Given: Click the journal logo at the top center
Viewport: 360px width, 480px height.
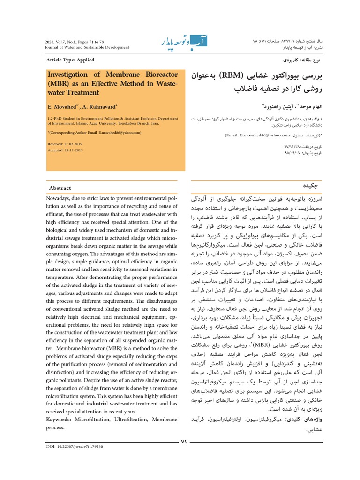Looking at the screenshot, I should pos(180,43).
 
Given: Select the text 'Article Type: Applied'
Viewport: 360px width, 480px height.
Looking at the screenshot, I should pos(70,60).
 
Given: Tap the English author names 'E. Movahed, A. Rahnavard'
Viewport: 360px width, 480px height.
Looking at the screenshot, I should pos(82,106).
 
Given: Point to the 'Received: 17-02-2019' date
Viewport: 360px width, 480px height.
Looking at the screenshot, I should pos(66,144).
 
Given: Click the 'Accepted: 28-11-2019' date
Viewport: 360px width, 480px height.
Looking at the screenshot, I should pos(66,150).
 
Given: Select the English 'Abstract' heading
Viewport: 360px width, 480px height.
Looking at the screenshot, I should pos(60,187).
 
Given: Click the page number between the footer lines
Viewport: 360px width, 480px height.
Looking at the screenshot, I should pos(184,441).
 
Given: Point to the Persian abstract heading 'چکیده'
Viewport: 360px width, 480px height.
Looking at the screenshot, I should pos(305,186).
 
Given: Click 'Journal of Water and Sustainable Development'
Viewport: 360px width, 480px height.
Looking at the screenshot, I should pos(87,47).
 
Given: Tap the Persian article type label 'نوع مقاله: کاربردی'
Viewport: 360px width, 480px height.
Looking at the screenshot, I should pos(294,61).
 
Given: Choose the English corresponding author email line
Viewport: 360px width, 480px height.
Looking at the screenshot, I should pos(94,133).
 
